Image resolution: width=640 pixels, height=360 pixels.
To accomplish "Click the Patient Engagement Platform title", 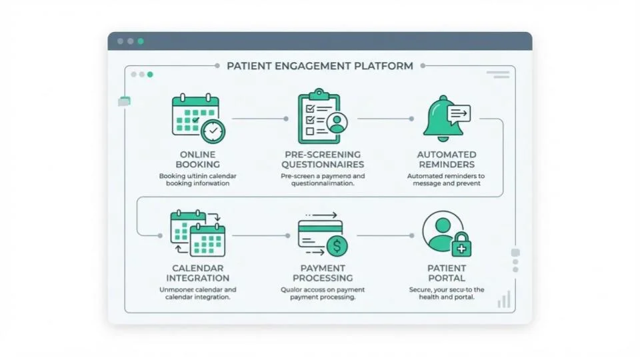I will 319,66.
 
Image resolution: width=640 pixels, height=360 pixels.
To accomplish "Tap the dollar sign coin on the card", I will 337,246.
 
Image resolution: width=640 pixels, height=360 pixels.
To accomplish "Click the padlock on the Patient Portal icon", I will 461,245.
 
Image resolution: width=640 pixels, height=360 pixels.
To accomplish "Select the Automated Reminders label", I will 446,159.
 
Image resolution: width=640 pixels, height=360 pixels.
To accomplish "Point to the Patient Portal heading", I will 446,273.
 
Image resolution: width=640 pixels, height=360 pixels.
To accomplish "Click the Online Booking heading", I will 197,159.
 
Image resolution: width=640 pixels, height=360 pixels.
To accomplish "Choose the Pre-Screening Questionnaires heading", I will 322,159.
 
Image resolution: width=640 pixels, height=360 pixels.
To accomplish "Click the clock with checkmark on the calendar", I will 213,131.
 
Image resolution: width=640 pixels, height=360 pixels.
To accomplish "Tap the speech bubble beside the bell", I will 459,113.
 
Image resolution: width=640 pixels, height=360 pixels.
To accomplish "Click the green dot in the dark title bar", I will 141,41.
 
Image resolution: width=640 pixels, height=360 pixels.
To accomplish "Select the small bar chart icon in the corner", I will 504,300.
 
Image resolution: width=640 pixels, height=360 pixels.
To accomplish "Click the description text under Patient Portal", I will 446,293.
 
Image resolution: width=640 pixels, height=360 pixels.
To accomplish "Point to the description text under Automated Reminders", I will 446,179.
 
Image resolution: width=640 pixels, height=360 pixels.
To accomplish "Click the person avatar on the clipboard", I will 337,123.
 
